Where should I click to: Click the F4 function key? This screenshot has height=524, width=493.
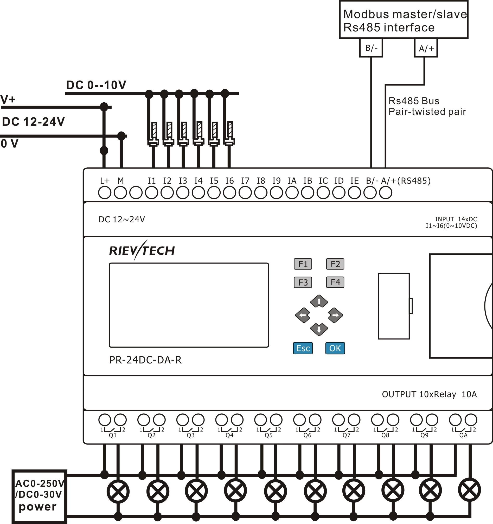click(x=335, y=282)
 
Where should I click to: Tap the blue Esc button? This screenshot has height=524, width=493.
click(x=303, y=348)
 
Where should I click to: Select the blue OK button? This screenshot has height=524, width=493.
click(x=335, y=348)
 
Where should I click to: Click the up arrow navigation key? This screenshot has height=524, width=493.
click(x=319, y=301)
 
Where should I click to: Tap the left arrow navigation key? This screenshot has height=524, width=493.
click(x=303, y=315)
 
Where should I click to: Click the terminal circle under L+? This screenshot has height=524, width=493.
click(x=105, y=193)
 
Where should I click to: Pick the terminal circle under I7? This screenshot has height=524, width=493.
click(x=245, y=193)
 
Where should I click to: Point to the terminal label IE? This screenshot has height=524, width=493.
click(x=354, y=181)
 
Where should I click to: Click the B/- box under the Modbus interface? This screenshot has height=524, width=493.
click(x=371, y=48)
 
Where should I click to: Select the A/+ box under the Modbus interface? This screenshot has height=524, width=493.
click(x=426, y=48)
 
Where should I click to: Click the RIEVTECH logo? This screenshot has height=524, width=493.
click(x=142, y=250)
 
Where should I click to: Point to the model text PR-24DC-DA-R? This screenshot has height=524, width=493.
click(x=145, y=360)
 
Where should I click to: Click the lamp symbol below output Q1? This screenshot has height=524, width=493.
click(x=118, y=492)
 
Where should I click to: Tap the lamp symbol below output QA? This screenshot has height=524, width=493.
click(x=469, y=490)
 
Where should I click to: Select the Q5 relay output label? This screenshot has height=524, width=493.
click(x=268, y=435)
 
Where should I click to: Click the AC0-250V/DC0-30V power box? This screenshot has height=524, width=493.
click(x=39, y=496)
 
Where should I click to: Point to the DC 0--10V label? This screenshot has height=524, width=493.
click(x=96, y=85)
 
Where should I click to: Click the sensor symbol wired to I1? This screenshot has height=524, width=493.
click(x=153, y=134)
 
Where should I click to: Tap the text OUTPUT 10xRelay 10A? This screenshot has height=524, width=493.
click(x=429, y=394)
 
